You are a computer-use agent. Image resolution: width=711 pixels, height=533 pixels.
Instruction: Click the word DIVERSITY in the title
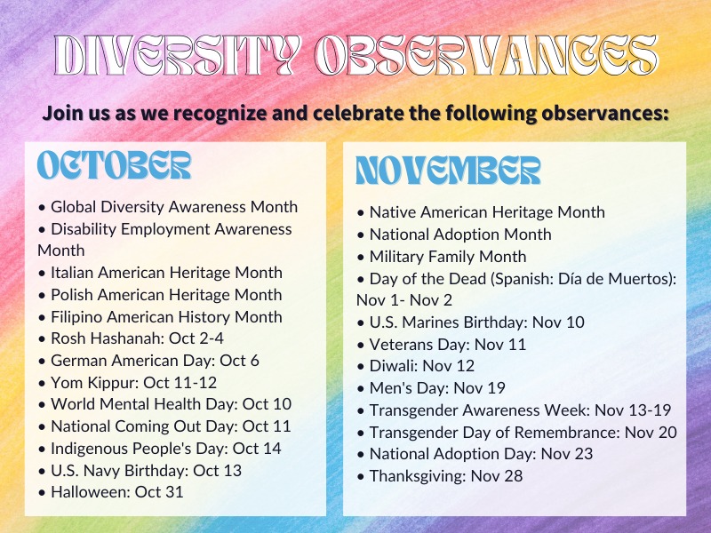tap(178, 55)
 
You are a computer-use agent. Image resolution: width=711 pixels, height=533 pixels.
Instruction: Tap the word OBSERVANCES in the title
tap(486, 55)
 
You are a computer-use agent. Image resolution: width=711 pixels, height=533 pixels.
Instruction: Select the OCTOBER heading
tap(114, 165)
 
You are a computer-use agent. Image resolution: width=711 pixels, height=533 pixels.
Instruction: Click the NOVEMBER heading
tap(448, 171)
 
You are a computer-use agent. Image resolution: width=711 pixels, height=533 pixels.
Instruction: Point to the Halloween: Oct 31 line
tap(110, 492)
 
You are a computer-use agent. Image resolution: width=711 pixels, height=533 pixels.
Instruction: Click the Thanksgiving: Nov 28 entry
tap(439, 476)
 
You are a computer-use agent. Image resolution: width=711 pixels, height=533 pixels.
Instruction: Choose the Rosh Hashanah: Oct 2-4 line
tap(131, 338)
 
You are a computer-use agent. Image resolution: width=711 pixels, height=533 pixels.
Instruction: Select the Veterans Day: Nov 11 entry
tap(441, 345)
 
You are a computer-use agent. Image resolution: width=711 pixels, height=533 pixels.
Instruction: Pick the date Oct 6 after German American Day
tap(239, 361)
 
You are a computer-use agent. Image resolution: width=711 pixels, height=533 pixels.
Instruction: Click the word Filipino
tap(76, 317)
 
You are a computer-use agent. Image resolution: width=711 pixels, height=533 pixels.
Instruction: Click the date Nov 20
tap(651, 433)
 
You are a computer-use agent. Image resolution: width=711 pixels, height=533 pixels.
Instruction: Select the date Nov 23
tap(567, 454)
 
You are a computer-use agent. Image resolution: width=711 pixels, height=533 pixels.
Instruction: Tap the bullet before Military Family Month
tap(361, 258)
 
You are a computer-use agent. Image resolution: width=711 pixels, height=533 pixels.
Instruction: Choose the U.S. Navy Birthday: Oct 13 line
tap(140, 471)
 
